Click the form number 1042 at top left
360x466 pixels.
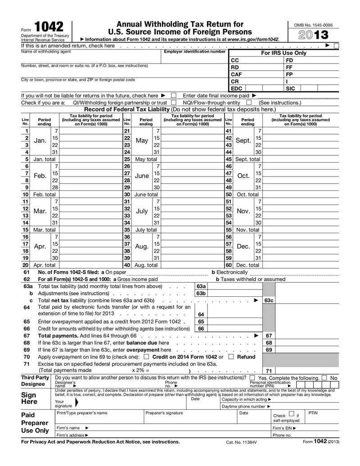point(49,27)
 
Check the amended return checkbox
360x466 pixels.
point(337,45)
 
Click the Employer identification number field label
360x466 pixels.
point(194,52)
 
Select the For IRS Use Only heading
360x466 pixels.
point(283,53)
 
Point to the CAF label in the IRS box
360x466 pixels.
point(237,74)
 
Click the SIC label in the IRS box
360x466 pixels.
point(291,89)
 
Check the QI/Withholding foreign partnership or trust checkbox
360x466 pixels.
point(174,103)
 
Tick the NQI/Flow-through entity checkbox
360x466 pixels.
point(248,103)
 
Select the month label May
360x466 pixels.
point(142,140)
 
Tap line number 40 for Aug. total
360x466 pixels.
point(127,265)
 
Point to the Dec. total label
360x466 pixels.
point(247,265)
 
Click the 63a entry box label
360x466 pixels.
point(201,286)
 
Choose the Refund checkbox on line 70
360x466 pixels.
point(231,357)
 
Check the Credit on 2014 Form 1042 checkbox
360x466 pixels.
point(146,357)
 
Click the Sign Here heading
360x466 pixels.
point(29,398)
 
